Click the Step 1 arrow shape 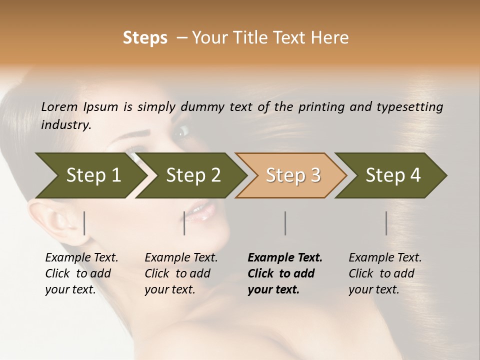pyautogui.click(x=93, y=175)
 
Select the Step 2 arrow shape pyautogui.click(x=193, y=175)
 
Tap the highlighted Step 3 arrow pyautogui.click(x=293, y=175)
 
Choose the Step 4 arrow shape pyautogui.click(x=393, y=175)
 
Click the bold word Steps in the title pyautogui.click(x=145, y=38)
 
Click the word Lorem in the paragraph pyautogui.click(x=59, y=106)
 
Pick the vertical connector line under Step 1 pyautogui.click(x=84, y=223)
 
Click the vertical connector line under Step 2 pyautogui.click(x=184, y=223)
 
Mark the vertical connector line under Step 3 pyautogui.click(x=285, y=223)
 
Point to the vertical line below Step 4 pyautogui.click(x=386, y=223)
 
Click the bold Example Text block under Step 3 pyautogui.click(x=285, y=273)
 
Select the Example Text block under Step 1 pyautogui.click(x=81, y=273)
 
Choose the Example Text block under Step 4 pyautogui.click(x=385, y=273)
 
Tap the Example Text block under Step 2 pyautogui.click(x=181, y=273)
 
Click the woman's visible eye pyautogui.click(x=181, y=131)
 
